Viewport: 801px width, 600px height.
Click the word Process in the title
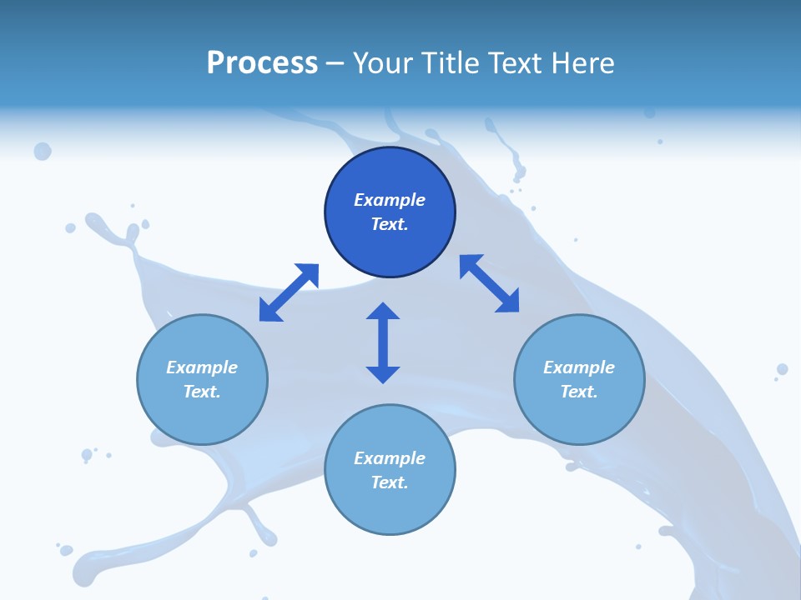click(x=262, y=62)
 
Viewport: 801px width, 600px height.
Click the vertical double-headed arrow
click(x=383, y=343)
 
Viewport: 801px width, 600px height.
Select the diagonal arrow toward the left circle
click(x=289, y=292)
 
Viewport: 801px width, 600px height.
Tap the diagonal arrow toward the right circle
click(x=490, y=284)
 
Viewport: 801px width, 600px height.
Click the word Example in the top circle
click(x=390, y=200)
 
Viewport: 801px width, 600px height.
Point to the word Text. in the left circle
click(x=202, y=392)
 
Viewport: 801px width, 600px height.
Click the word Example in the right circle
click(x=579, y=367)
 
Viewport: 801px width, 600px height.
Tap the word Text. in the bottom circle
click(x=390, y=482)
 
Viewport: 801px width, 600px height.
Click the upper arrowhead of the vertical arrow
click(x=383, y=312)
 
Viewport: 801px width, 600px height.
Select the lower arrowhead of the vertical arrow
click(x=383, y=374)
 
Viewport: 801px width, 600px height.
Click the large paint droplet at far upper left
click(x=43, y=151)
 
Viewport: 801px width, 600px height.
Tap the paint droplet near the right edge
click(x=782, y=369)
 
